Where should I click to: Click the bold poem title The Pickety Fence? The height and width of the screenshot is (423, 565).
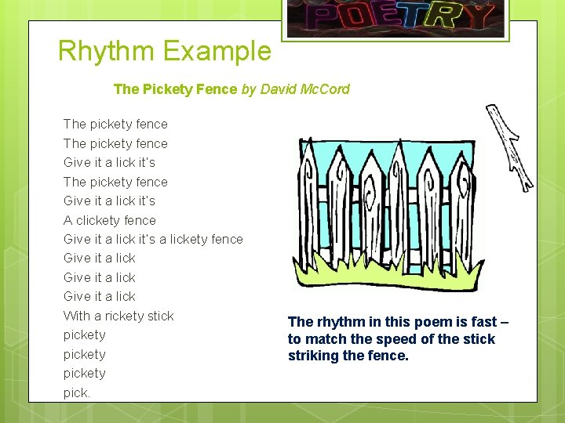click(x=175, y=89)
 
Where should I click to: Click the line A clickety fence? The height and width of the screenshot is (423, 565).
click(x=110, y=220)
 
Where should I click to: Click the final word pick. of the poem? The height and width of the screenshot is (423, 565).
click(x=77, y=392)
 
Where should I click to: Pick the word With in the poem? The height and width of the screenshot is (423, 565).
click(x=77, y=316)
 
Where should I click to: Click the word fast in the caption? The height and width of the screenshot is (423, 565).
click(x=484, y=322)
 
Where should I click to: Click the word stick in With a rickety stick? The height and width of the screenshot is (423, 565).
click(x=160, y=316)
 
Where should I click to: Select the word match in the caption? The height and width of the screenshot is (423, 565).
click(x=323, y=339)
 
